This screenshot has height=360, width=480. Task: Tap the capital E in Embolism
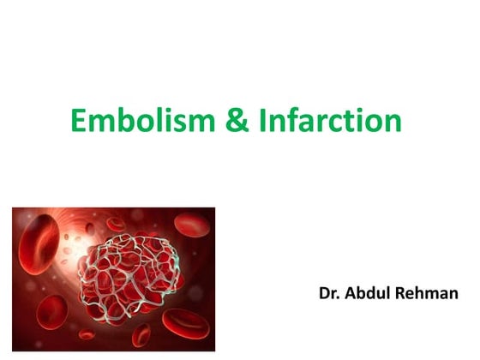coord(79,121)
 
